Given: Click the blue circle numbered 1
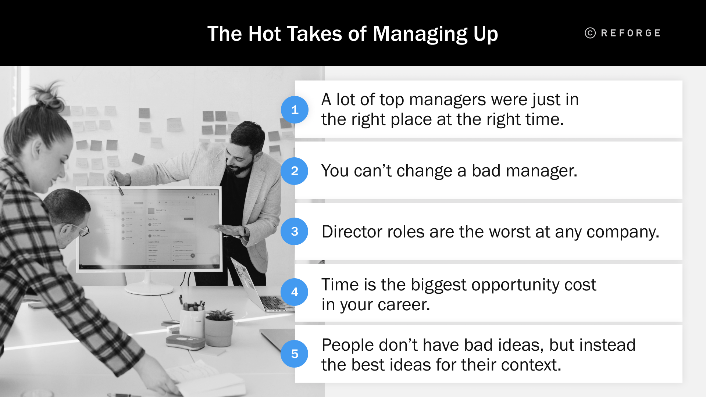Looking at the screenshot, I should (x=295, y=110).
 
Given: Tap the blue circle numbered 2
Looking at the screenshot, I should (x=295, y=171).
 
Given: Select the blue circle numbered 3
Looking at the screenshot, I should (x=295, y=232).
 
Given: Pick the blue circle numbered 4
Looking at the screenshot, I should (x=295, y=292).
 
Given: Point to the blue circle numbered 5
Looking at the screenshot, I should (x=295, y=354).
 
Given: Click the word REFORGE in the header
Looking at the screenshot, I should (x=631, y=33).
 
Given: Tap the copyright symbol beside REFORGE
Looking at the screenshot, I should (x=590, y=33).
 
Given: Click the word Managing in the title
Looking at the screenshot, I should (x=420, y=34).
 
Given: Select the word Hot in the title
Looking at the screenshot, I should (x=264, y=34).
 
